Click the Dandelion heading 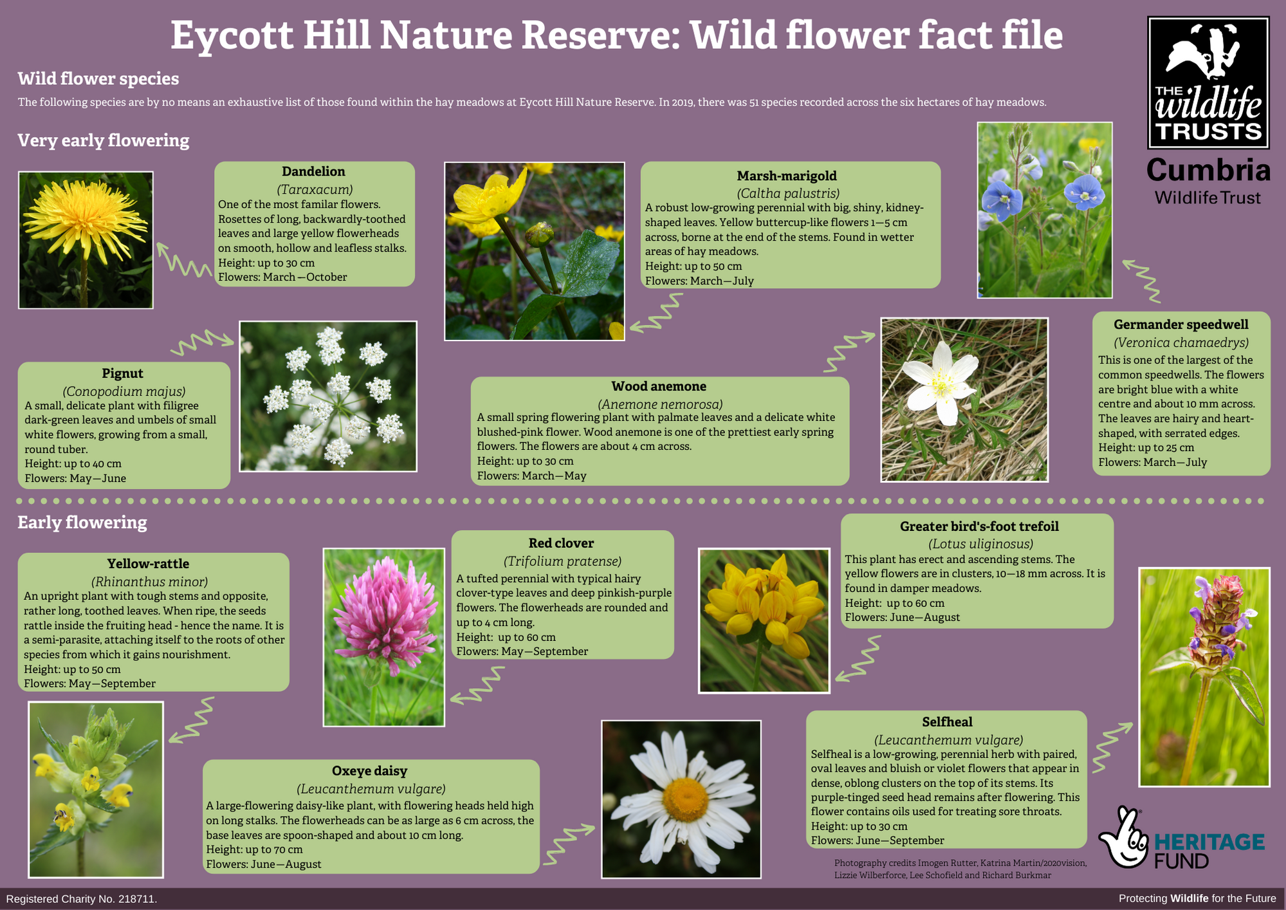(313, 171)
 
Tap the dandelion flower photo (86, 240)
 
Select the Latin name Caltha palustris (788, 193)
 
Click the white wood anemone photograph (964, 400)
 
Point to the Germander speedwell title (1181, 325)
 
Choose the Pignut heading (122, 373)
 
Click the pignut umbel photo (328, 396)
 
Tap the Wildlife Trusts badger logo (1208, 83)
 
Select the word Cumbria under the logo (1208, 171)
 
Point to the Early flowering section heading (82, 523)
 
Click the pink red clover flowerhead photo (384, 637)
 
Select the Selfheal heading (947, 722)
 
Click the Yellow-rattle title (148, 564)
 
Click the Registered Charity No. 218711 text (82, 899)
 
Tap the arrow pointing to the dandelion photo (183, 259)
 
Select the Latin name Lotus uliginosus (980, 544)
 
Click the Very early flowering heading (104, 141)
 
